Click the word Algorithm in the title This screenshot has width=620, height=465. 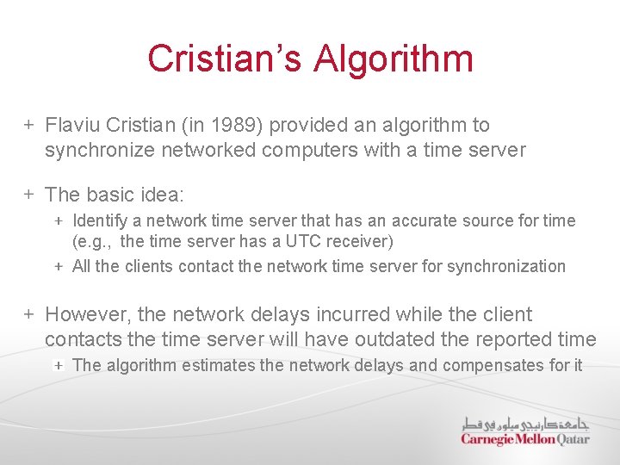click(394, 59)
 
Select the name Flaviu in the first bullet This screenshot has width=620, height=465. click(73, 126)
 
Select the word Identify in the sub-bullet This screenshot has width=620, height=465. click(100, 221)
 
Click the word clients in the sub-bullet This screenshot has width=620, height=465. click(149, 267)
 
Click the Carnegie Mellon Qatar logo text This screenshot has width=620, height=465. click(524, 439)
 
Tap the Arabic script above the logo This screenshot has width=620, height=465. click(524, 423)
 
